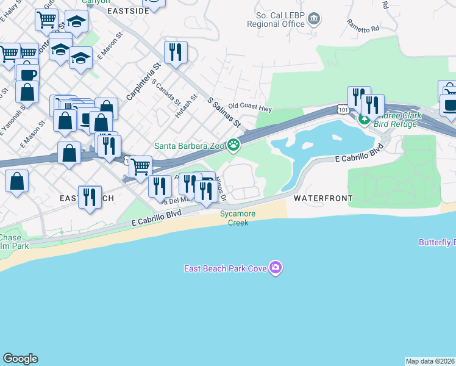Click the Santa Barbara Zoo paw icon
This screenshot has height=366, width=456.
pos(233,145)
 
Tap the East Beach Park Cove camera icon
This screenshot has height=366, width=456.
pos(276,268)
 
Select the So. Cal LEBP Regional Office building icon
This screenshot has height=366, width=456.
pos(315,18)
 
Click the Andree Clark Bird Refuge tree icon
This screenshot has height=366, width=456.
pos(364,119)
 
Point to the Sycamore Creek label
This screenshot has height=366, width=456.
pos(238,218)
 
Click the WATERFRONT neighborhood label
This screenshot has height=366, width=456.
pos(323,198)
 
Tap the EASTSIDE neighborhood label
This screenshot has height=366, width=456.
pos(129,11)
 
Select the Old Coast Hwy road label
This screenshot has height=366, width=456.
pos(250,108)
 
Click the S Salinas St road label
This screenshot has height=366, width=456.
pos(224,112)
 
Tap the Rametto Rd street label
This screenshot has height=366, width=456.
pos(363,25)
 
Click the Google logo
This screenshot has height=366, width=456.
pos(20,359)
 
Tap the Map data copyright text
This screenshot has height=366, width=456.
pos(430,361)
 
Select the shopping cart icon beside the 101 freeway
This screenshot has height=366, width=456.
pos(141,166)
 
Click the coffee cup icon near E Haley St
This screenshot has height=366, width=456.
pos(27,74)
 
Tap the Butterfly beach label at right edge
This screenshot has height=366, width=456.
pos(436,242)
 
